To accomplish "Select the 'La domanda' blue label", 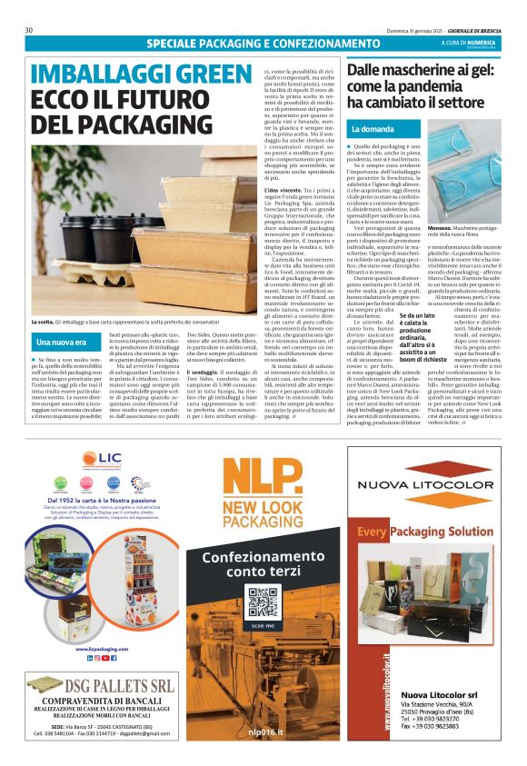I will point(372,128).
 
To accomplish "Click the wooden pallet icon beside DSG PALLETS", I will point(44,709).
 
